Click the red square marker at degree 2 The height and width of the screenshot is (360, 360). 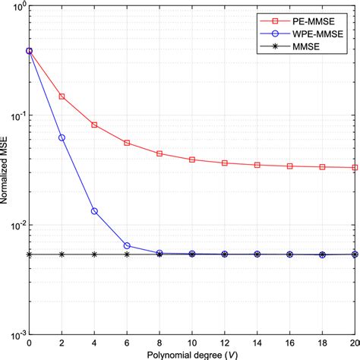point(62,96)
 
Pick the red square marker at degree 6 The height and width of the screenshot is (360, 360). point(127,143)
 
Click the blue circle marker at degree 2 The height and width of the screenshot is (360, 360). point(62,137)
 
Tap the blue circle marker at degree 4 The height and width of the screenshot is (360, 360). point(94,211)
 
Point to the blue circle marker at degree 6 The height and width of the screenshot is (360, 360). point(127,245)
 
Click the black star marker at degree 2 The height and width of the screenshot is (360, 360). point(62,254)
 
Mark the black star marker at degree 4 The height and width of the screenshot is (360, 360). point(94,254)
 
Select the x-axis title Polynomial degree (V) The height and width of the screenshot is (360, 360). point(192,354)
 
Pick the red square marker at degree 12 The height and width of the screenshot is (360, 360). point(225,163)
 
